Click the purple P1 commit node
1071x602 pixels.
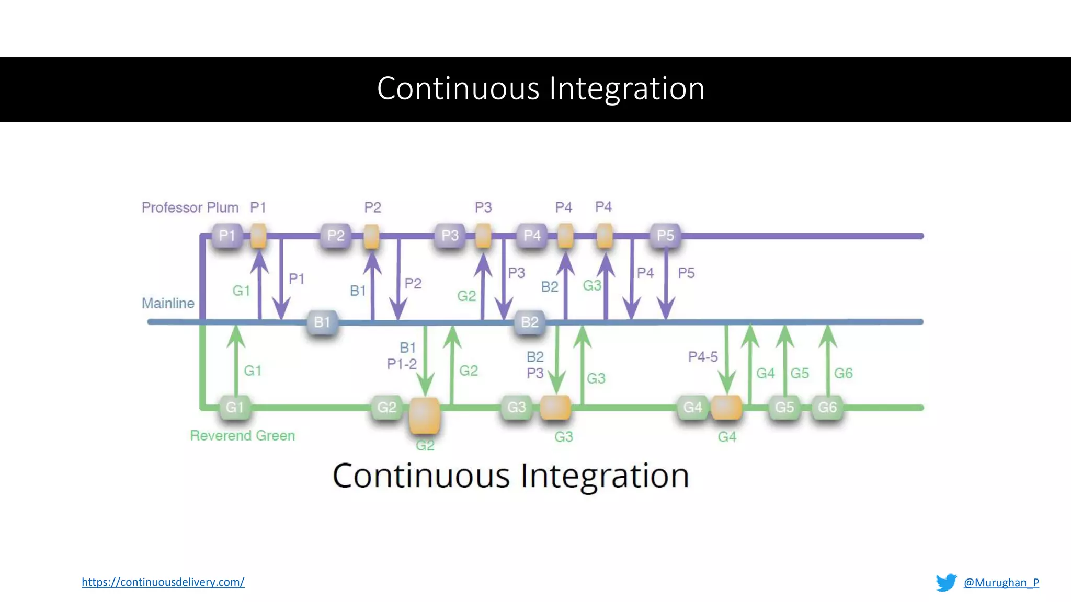pyautogui.click(x=227, y=236)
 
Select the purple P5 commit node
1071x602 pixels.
pyautogui.click(x=665, y=236)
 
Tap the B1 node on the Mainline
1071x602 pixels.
pyautogui.click(x=322, y=322)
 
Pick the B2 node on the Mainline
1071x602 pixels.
pyautogui.click(x=530, y=322)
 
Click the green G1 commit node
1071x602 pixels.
pyautogui.click(x=235, y=407)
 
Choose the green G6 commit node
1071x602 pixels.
pyautogui.click(x=827, y=407)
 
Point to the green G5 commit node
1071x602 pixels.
pyautogui.click(x=784, y=407)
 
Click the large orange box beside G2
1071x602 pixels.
pyautogui.click(x=424, y=415)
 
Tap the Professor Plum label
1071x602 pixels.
pyautogui.click(x=190, y=207)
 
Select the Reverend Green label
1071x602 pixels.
pyautogui.click(x=242, y=435)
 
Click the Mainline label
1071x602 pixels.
pyautogui.click(x=168, y=303)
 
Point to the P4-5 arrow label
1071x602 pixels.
pyautogui.click(x=703, y=357)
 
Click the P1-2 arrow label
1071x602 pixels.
pyautogui.click(x=402, y=364)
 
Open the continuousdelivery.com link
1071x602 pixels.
pyautogui.click(x=163, y=582)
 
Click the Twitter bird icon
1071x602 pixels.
pyautogui.click(x=945, y=582)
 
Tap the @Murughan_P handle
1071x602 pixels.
pyautogui.click(x=1001, y=582)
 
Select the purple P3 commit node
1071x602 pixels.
pyautogui.click(x=450, y=236)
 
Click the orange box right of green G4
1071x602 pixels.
pyautogui.click(x=726, y=407)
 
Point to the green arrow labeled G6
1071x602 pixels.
pyautogui.click(x=828, y=361)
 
